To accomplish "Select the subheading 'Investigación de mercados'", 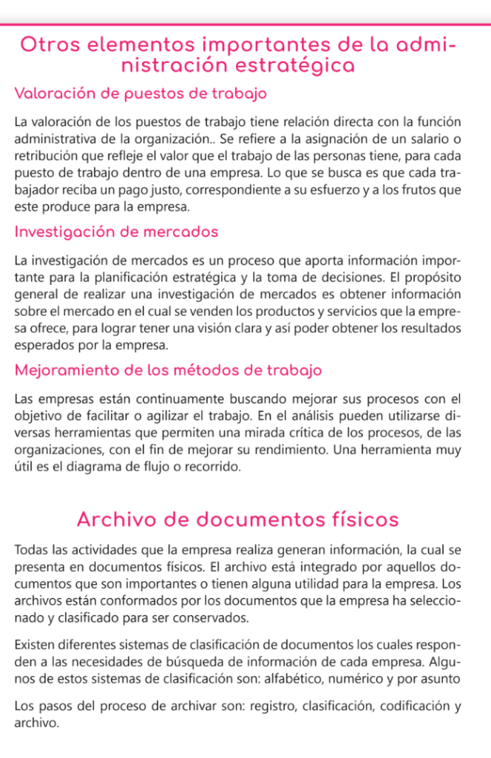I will click(x=116, y=232).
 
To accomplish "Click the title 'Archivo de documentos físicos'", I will click(x=237, y=520).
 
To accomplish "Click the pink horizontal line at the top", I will click(x=245, y=24).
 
